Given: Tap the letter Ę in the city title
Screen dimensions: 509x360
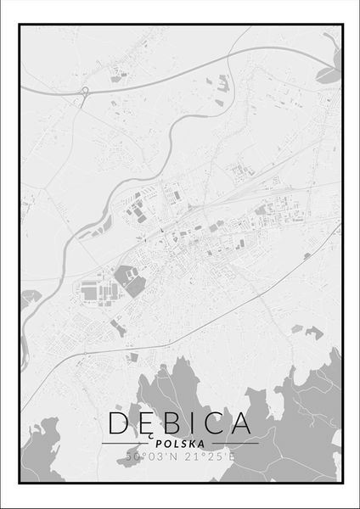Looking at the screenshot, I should tap(147, 423).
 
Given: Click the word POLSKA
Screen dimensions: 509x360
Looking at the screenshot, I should tap(180, 443).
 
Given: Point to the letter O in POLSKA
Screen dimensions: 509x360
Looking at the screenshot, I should tap(168, 443).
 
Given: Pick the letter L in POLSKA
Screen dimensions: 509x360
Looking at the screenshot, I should tap(177, 443).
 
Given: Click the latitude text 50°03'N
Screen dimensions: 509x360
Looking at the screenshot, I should tap(150, 456).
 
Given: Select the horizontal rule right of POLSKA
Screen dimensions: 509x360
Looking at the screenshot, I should tap(233, 443).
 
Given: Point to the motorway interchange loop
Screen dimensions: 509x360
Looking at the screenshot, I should tap(83, 92).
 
